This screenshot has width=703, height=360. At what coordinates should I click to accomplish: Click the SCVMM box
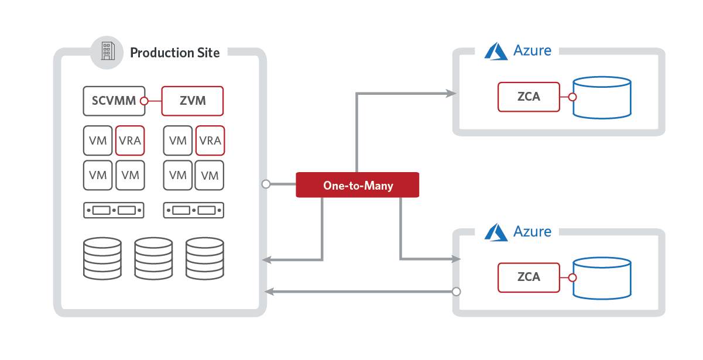[114, 101]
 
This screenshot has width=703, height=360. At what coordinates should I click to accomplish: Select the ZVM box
[193, 101]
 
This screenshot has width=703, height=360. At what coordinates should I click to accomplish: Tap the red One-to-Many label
[358, 185]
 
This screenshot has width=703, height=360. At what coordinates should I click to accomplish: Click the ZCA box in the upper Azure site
[529, 97]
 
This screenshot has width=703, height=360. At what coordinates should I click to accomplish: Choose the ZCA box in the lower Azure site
[529, 277]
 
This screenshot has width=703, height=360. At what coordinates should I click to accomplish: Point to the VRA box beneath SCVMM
[130, 140]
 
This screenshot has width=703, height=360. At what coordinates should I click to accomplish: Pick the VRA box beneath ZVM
[210, 140]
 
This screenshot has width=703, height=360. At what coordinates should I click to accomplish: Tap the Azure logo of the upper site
[496, 51]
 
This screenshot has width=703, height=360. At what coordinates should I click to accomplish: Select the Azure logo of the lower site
[496, 232]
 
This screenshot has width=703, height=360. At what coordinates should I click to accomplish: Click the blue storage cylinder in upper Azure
[602, 98]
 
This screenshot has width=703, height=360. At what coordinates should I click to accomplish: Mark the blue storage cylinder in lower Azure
[602, 279]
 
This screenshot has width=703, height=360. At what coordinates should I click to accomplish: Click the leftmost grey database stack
[102, 258]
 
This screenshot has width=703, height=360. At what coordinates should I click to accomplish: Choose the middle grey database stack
[153, 258]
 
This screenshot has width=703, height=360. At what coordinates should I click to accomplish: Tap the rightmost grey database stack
[205, 258]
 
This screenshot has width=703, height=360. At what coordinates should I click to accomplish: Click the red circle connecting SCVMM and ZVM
[144, 101]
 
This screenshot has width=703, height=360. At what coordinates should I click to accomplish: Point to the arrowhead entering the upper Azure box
[451, 93]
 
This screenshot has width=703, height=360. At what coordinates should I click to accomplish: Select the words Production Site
[175, 53]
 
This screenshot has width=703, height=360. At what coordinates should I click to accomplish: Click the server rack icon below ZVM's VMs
[194, 210]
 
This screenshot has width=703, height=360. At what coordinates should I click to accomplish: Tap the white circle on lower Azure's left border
[457, 292]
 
